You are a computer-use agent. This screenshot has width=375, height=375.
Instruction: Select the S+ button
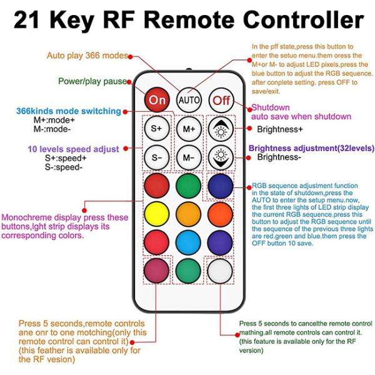point(156,128)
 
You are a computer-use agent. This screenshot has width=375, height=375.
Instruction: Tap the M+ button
point(188,128)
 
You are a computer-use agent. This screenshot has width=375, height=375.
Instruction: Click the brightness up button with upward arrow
point(220,128)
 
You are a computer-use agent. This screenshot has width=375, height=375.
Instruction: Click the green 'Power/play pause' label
point(92,81)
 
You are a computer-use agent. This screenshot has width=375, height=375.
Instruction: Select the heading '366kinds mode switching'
point(68,111)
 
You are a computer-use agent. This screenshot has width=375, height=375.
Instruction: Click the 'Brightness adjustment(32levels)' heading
point(311,148)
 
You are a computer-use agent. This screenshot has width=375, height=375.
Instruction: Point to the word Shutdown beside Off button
point(271,107)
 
